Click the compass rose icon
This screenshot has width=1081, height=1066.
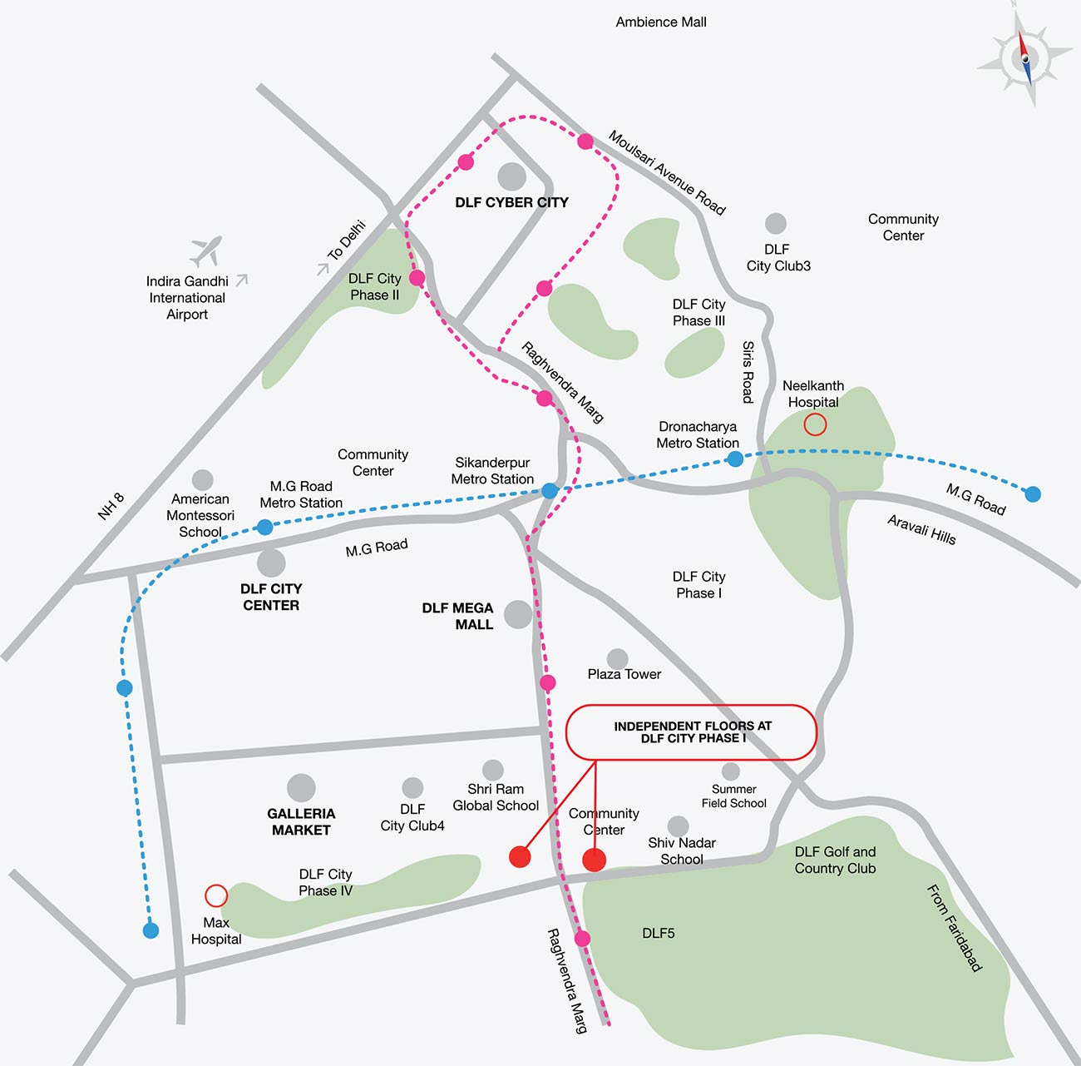pyautogui.click(x=1024, y=57)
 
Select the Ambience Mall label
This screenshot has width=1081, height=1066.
pyautogui.click(x=661, y=22)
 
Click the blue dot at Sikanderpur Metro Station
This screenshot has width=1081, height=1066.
pyautogui.click(x=550, y=491)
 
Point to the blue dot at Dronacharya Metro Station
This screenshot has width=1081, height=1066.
pyautogui.click(x=735, y=458)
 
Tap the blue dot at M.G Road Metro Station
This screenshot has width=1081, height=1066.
pyautogui.click(x=264, y=527)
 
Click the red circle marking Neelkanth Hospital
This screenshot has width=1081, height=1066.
pyautogui.click(x=815, y=424)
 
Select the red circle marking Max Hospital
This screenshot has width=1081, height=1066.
pyautogui.click(x=216, y=895)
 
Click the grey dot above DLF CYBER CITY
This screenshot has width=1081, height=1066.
pyautogui.click(x=511, y=176)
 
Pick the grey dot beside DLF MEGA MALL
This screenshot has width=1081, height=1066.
pyautogui.click(x=518, y=614)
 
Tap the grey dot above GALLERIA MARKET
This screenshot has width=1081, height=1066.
pyautogui.click(x=301, y=787)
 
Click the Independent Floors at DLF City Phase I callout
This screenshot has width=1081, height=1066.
pyautogui.click(x=692, y=732)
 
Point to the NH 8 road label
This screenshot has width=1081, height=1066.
pyautogui.click(x=111, y=506)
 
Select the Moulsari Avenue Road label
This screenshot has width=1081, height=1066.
pyautogui.click(x=667, y=172)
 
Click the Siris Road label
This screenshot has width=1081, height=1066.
pyautogui.click(x=748, y=372)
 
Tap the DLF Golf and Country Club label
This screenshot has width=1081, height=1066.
pyautogui.click(x=835, y=860)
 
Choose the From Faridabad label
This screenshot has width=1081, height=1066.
pyautogui.click(x=955, y=928)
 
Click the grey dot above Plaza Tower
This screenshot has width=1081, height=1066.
pyautogui.click(x=617, y=659)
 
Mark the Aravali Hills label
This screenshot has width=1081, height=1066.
pyautogui.click(x=921, y=530)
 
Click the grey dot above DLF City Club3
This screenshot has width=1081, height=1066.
pyautogui.click(x=776, y=223)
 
